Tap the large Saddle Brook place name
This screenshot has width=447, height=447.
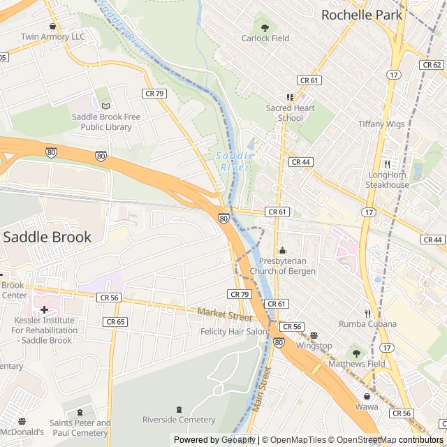tap(47, 237)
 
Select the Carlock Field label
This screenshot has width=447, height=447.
tap(265, 38)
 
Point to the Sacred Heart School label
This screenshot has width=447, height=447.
tap(290, 113)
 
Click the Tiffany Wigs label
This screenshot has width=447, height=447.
tap(381, 124)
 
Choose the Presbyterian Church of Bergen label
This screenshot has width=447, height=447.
tap(282, 266)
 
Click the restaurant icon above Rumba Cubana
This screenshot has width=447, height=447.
tap(367, 314)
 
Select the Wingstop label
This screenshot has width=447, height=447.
tap(314, 345)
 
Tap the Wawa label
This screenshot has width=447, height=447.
tap(366, 406)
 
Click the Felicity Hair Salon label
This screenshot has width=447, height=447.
tap(234, 331)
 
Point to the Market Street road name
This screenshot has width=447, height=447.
tap(224, 316)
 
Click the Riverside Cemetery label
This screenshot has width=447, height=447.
tap(179, 419)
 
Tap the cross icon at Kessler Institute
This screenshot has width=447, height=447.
tap(44, 309)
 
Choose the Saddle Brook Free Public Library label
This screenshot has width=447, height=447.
tap(106, 122)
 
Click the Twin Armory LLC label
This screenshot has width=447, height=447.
tap(52, 36)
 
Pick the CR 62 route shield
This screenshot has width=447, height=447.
tap(431, 64)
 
